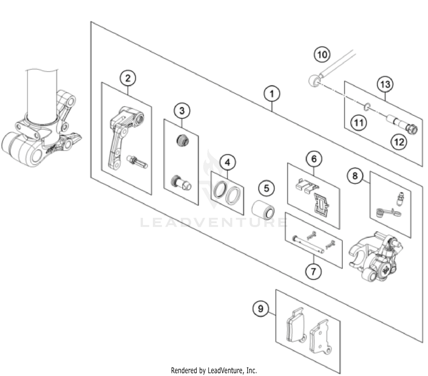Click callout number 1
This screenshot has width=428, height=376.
[x=272, y=94]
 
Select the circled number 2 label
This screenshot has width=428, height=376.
[x=128, y=78]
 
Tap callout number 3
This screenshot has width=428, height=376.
[x=182, y=111]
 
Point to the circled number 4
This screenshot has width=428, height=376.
[x=227, y=163]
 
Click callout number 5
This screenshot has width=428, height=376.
[x=266, y=188]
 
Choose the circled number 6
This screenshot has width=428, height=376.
[x=314, y=159]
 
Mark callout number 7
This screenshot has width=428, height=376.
[x=313, y=271]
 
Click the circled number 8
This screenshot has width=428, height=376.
[x=355, y=175]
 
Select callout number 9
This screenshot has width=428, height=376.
[x=261, y=309]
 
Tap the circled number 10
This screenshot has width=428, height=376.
[x=322, y=54]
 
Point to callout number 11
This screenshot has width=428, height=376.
[x=358, y=123]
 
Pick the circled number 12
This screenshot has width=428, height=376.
[x=399, y=142]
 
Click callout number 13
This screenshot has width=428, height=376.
[x=385, y=84]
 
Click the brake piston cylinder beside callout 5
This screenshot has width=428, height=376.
[x=263, y=210]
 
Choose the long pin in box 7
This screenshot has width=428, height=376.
[x=308, y=244]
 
